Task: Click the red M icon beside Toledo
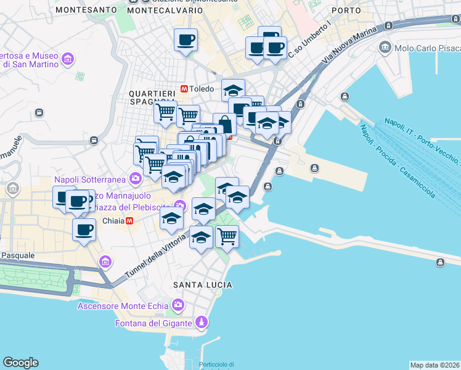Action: tap(184, 89)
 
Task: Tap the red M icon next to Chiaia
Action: tap(129, 221)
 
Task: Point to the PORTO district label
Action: tap(346, 10)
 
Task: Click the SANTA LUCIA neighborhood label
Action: tap(203, 284)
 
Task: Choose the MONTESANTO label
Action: tap(86, 10)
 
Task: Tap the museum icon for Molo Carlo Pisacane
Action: tap(386, 47)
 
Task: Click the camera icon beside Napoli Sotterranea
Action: tap(135, 179)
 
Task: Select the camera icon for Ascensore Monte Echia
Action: tap(178, 305)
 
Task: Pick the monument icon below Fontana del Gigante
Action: tap(200, 323)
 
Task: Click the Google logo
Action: tap(20, 363)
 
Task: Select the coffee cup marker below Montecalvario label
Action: tap(186, 41)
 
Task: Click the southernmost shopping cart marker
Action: tap(227, 235)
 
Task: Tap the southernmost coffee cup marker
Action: tap(84, 230)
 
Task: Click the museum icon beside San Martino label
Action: tap(67, 59)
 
